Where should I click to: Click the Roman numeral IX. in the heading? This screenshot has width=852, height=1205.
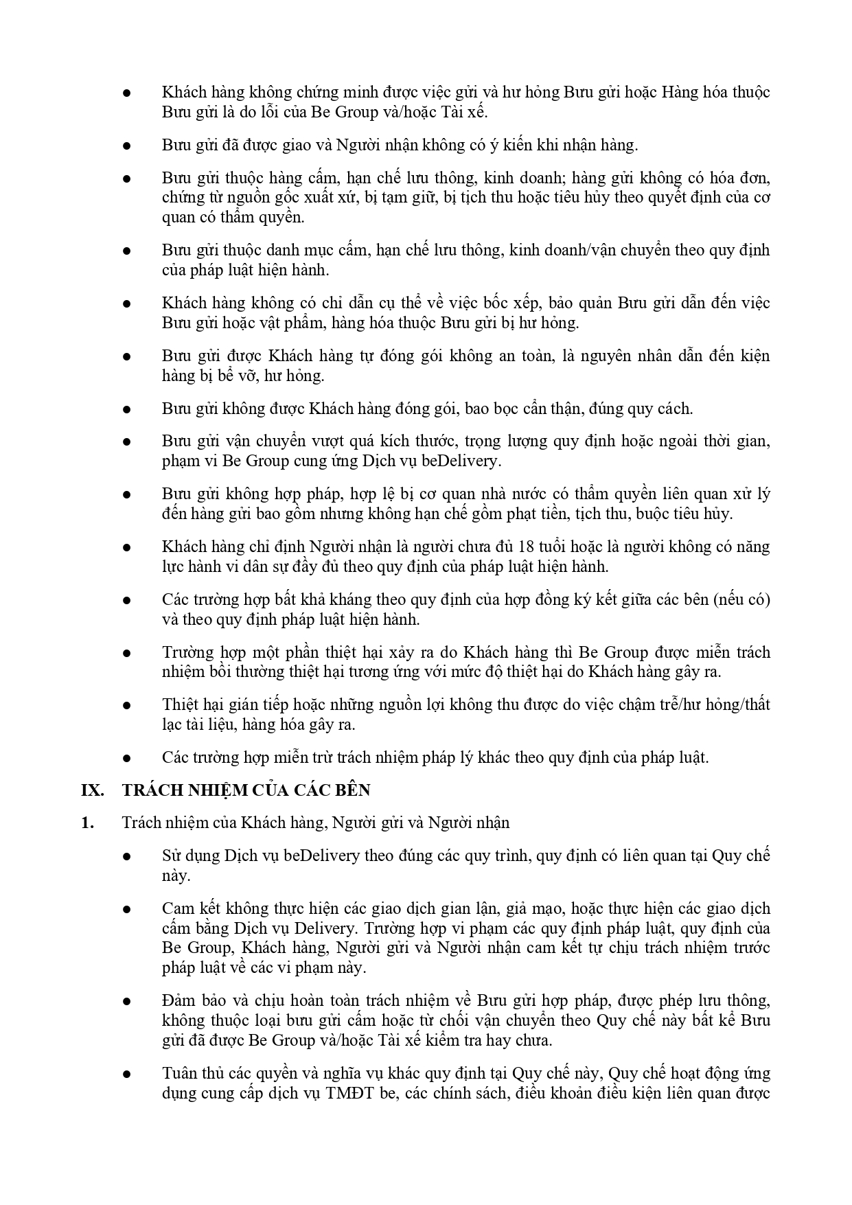point(92,790)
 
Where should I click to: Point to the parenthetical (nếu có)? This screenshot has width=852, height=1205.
point(741,600)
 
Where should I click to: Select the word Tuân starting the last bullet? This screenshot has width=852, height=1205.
point(179,1073)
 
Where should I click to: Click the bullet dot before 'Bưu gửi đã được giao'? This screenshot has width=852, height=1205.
point(126,146)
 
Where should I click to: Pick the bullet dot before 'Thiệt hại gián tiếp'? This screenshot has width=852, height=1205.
point(126,705)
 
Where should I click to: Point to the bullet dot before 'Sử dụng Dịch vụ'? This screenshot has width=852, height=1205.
point(126,856)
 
